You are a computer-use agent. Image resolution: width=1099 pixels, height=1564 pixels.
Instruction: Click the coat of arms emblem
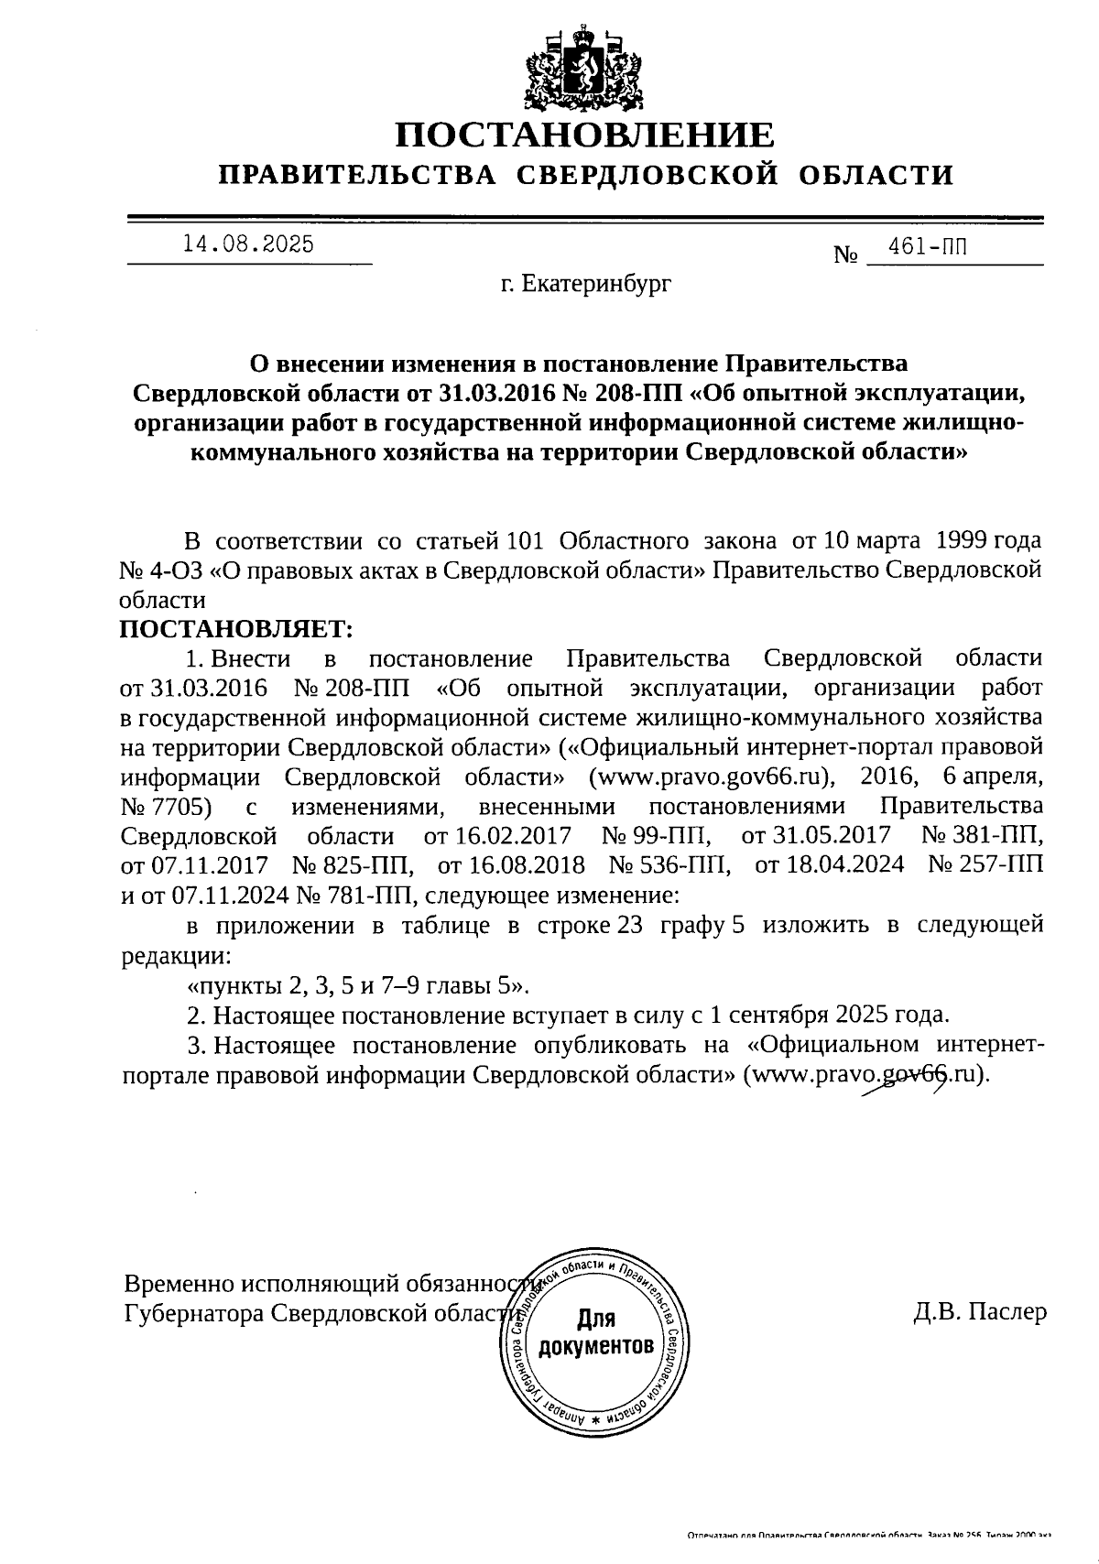pyautogui.click(x=583, y=70)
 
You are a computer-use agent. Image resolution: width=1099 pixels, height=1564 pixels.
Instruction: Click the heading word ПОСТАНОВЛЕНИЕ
pyautogui.click(x=584, y=136)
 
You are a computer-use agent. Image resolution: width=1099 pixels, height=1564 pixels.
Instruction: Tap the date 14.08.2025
pyautogui.click(x=248, y=244)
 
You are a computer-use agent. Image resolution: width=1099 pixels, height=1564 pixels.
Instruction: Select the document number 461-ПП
pyautogui.click(x=926, y=246)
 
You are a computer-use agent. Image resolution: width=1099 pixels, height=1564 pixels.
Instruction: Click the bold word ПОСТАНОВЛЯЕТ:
pyautogui.click(x=236, y=629)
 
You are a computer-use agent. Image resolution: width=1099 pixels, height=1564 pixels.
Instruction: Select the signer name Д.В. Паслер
pyautogui.click(x=979, y=1312)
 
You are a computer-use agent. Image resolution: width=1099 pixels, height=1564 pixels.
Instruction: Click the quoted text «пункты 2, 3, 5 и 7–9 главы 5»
pyautogui.click(x=358, y=986)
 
